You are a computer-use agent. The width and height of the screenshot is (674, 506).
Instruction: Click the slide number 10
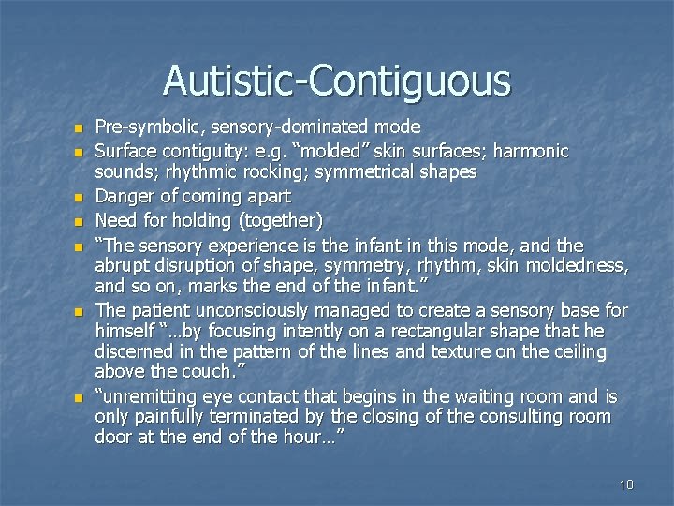pos(626,484)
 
